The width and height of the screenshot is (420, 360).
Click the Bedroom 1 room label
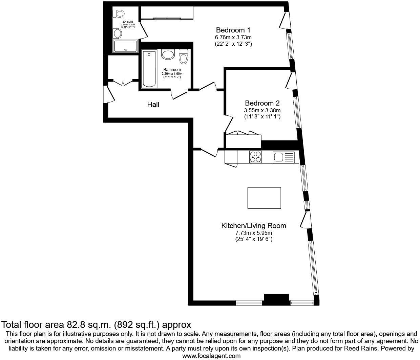[x=233, y=30]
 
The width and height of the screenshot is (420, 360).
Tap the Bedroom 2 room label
[x=262, y=103]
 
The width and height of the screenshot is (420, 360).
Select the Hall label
[x=153, y=105]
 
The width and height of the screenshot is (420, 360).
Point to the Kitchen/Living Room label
[x=254, y=226]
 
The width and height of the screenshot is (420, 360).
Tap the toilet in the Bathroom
[x=183, y=57]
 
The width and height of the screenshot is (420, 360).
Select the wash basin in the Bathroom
[x=168, y=54]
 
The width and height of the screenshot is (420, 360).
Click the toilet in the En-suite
[x=119, y=14]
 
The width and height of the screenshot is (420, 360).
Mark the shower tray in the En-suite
[x=126, y=46]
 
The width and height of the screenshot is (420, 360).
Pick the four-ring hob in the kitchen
[x=255, y=157]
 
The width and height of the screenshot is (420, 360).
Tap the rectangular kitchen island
[x=264, y=198]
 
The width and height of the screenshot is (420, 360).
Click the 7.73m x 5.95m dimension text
[x=254, y=233]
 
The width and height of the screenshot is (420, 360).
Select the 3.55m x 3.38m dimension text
[x=262, y=110]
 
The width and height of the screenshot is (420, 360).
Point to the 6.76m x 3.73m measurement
[x=233, y=37]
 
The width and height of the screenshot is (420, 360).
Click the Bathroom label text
[x=172, y=70]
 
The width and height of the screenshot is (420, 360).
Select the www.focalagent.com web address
[x=211, y=356]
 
